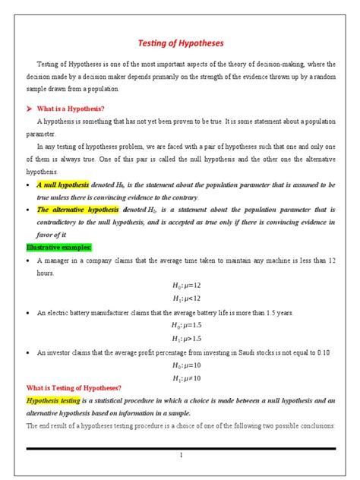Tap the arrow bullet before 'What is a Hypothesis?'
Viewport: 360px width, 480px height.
(30, 109)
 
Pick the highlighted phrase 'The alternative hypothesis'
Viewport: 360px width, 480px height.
(77, 209)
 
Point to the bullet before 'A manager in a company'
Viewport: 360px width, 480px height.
(28, 260)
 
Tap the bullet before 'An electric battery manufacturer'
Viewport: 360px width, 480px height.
(28, 312)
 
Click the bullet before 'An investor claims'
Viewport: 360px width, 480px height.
(28, 352)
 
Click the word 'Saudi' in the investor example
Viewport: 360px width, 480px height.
(245, 352)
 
